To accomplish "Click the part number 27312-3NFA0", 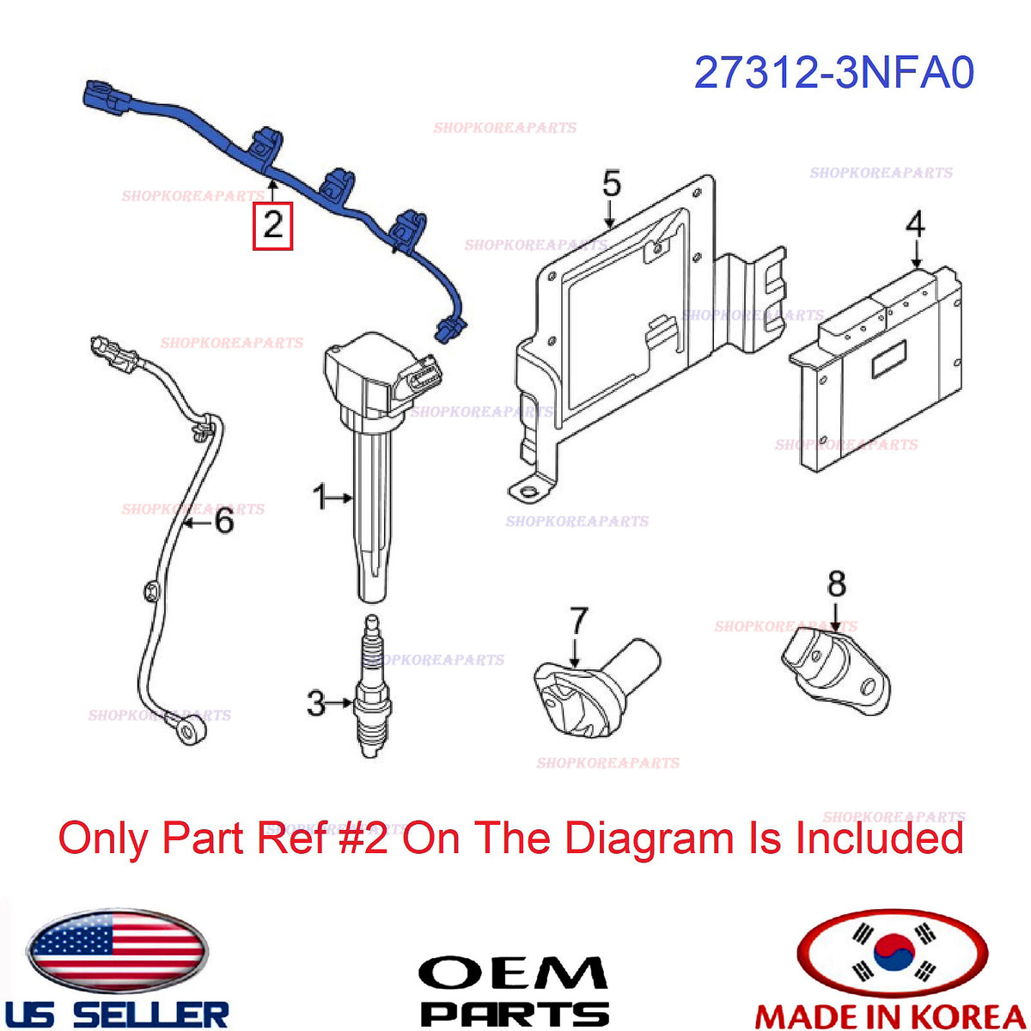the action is (x=833, y=73).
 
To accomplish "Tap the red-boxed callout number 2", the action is (x=273, y=226).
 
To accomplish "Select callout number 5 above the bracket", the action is (x=612, y=184).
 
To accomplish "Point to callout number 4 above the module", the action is (x=915, y=224).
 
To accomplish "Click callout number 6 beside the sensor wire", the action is (x=224, y=521).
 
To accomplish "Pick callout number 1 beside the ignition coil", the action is (x=320, y=496).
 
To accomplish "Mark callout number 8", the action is (x=837, y=584).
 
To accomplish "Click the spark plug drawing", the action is (x=372, y=686).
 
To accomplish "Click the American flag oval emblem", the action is (x=117, y=951).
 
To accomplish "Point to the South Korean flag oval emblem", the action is (x=892, y=952).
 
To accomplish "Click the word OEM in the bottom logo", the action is (x=514, y=973).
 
